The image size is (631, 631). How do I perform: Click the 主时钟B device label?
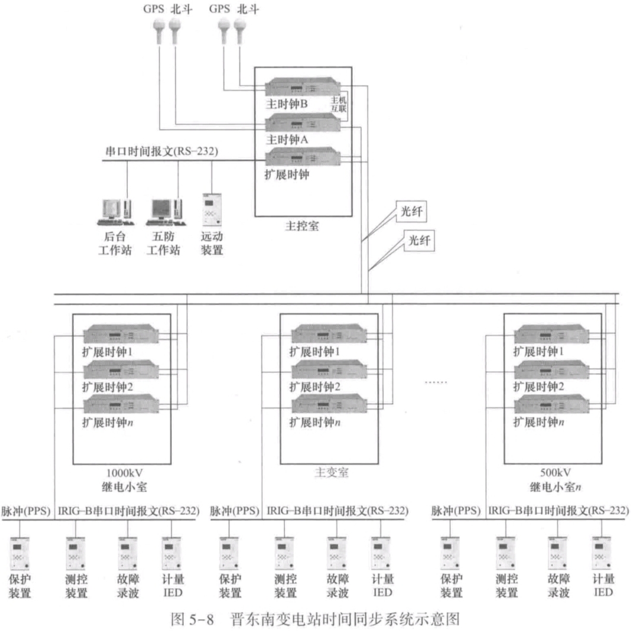[x=287, y=103]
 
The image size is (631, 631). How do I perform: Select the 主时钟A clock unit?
[x=303, y=123]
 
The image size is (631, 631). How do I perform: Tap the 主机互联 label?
[x=338, y=105]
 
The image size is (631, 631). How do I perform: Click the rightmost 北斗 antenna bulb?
[x=240, y=29]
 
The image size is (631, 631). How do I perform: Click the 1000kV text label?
[x=121, y=474]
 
